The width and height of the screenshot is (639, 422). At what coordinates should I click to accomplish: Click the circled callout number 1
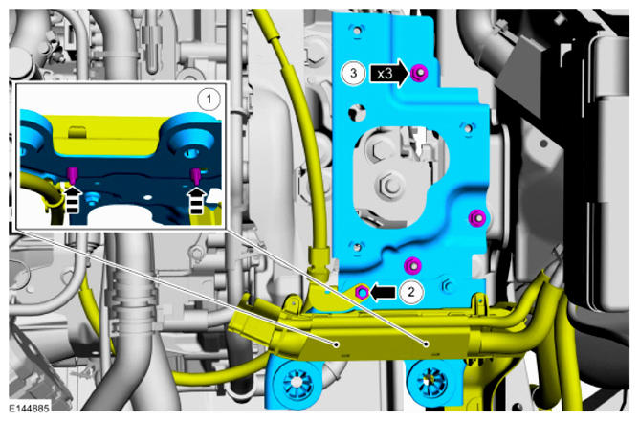point(209,100)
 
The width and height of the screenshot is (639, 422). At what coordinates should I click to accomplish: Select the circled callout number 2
point(410,292)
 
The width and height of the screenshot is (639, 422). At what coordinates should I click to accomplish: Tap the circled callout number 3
point(353,73)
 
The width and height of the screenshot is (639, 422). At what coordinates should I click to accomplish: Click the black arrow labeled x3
point(389,74)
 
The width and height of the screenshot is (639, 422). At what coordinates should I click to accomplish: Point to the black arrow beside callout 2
point(383,292)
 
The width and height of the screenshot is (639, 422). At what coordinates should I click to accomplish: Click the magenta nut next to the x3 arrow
point(420,74)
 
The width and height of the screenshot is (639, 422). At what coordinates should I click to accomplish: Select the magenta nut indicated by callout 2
point(362,292)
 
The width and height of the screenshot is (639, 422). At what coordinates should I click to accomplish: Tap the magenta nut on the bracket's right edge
point(477,218)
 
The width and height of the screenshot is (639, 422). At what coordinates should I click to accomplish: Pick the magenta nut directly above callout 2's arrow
point(412,266)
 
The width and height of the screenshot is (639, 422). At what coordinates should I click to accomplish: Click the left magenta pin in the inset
point(73,175)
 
